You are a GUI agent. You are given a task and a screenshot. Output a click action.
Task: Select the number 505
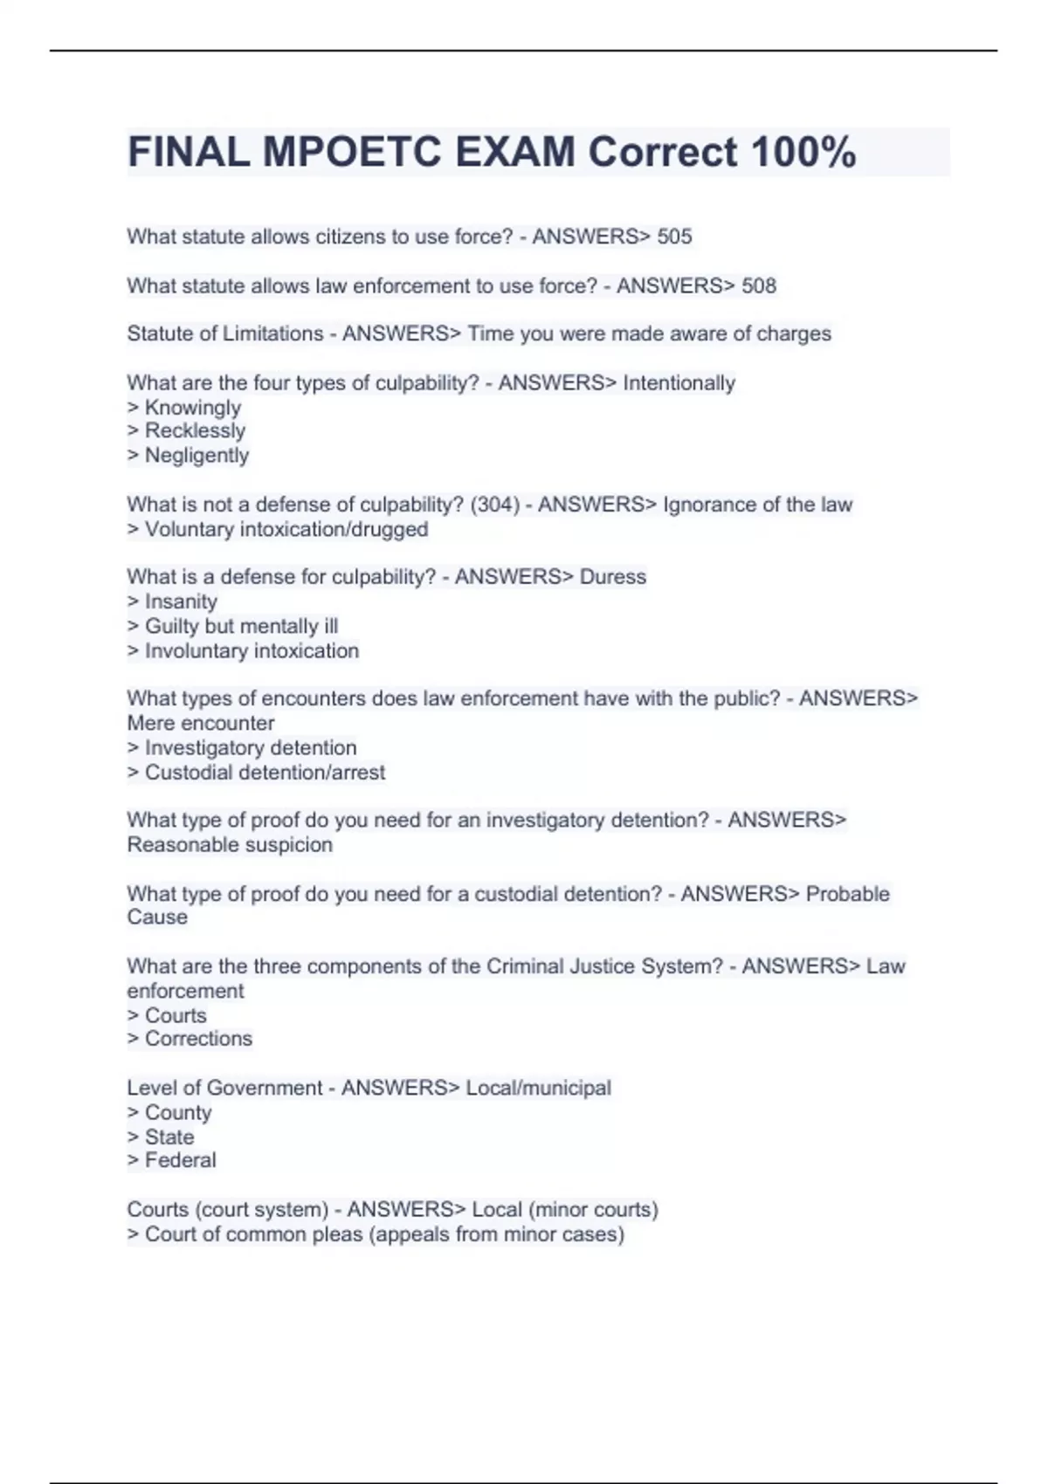pos(674,237)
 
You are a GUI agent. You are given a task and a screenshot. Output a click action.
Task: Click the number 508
pos(758,285)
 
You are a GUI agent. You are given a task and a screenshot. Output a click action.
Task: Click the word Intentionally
pos(679,382)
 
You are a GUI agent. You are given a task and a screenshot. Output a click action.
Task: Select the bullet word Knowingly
pos(192,408)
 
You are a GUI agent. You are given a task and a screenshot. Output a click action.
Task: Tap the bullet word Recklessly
pos(195,431)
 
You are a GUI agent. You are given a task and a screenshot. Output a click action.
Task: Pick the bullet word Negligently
pos(196,456)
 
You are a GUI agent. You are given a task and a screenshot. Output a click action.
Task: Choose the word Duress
pos(612,577)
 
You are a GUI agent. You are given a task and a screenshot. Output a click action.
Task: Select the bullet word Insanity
pos(181,601)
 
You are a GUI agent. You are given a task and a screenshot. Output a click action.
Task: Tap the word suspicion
pos(289,845)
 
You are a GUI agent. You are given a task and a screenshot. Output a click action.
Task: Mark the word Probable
pos(847,894)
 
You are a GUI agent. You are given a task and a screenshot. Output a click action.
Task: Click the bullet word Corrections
pos(198,1039)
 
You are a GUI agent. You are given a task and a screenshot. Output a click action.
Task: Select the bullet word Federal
pos(180,1160)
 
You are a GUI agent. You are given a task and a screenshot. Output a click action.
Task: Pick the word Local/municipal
pos(538,1088)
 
